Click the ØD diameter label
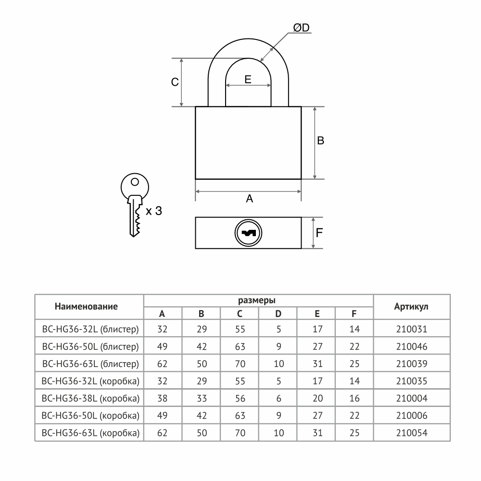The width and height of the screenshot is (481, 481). (301, 28)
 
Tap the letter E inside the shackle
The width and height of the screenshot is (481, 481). (248, 79)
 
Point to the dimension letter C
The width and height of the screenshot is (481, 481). (175, 82)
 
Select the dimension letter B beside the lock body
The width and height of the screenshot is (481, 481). (320, 140)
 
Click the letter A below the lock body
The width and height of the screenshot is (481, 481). (249, 199)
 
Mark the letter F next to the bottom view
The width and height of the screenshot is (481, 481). (319, 233)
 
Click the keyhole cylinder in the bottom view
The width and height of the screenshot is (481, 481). (248, 233)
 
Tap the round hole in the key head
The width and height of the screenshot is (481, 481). (135, 182)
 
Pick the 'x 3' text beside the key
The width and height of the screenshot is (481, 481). (154, 211)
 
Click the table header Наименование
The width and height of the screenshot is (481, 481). (86, 306)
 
